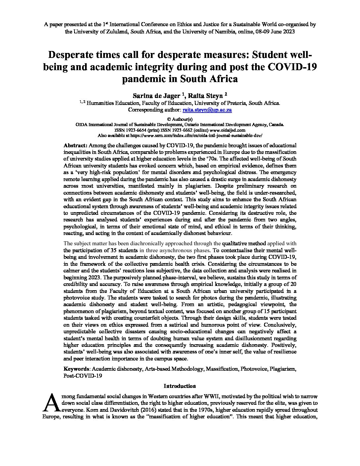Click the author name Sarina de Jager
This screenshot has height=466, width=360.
156,96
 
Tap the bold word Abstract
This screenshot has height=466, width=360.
75,145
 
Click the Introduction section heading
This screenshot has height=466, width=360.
180,386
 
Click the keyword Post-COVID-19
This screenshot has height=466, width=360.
83,376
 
